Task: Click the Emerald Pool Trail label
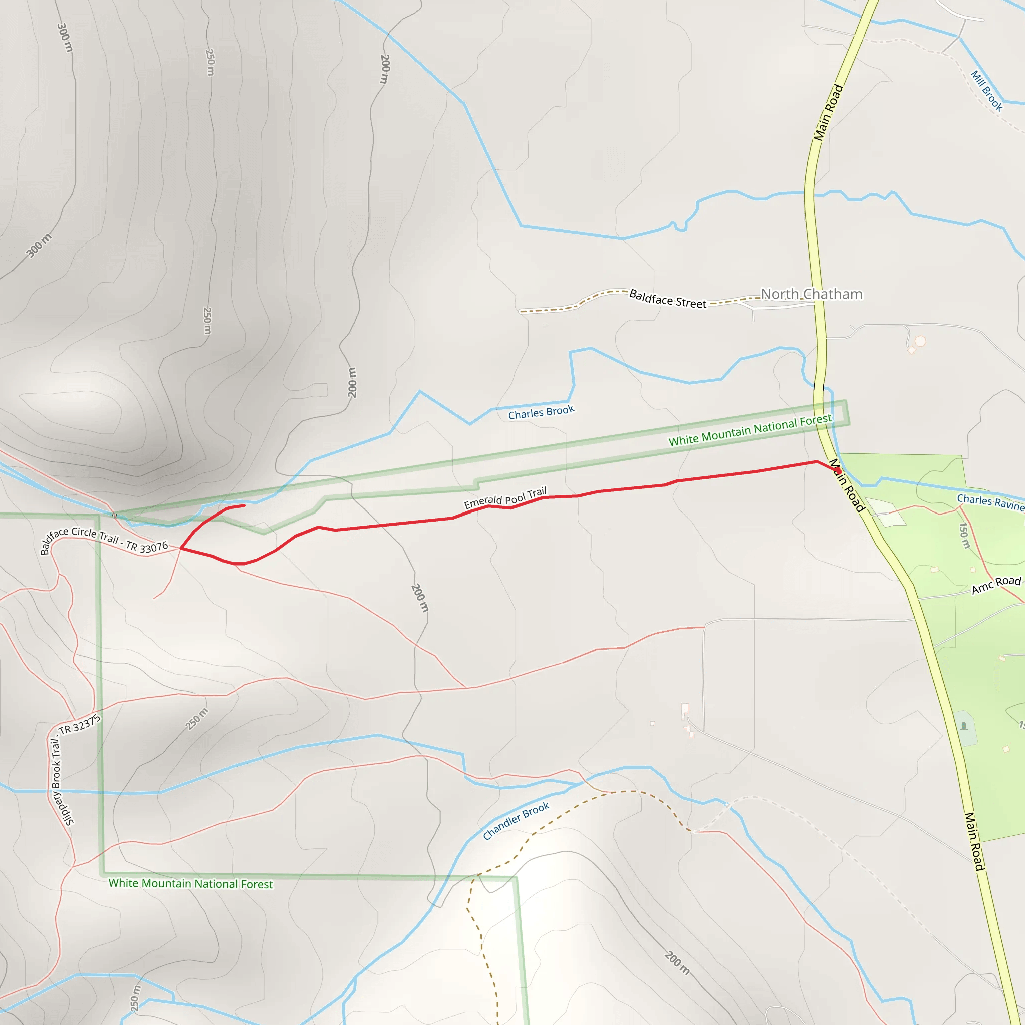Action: [x=505, y=498]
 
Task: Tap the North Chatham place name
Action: [x=811, y=294]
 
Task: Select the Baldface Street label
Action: [x=668, y=299]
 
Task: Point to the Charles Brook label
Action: [x=541, y=412]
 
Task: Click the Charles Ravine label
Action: [x=990, y=502]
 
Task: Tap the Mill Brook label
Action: [x=987, y=91]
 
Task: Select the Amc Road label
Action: [x=996, y=585]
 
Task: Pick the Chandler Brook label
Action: [x=516, y=821]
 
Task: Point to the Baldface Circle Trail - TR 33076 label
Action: [x=104, y=539]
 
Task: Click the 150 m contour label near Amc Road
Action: [x=964, y=536]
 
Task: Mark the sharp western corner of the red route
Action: [x=182, y=548]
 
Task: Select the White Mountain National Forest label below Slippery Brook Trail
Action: [x=191, y=883]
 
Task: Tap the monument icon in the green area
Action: [x=964, y=726]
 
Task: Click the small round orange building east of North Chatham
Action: [x=920, y=341]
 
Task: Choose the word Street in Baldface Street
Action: [x=691, y=303]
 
